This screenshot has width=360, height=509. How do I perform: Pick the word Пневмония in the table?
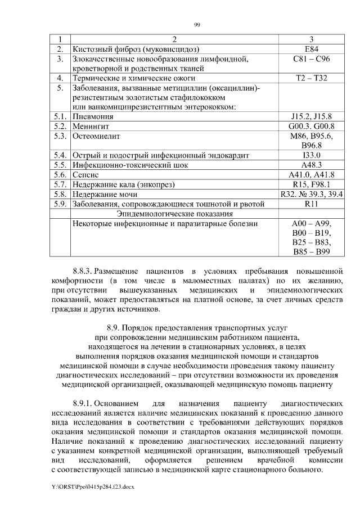click(93, 116)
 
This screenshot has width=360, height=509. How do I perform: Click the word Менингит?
click(92, 126)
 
